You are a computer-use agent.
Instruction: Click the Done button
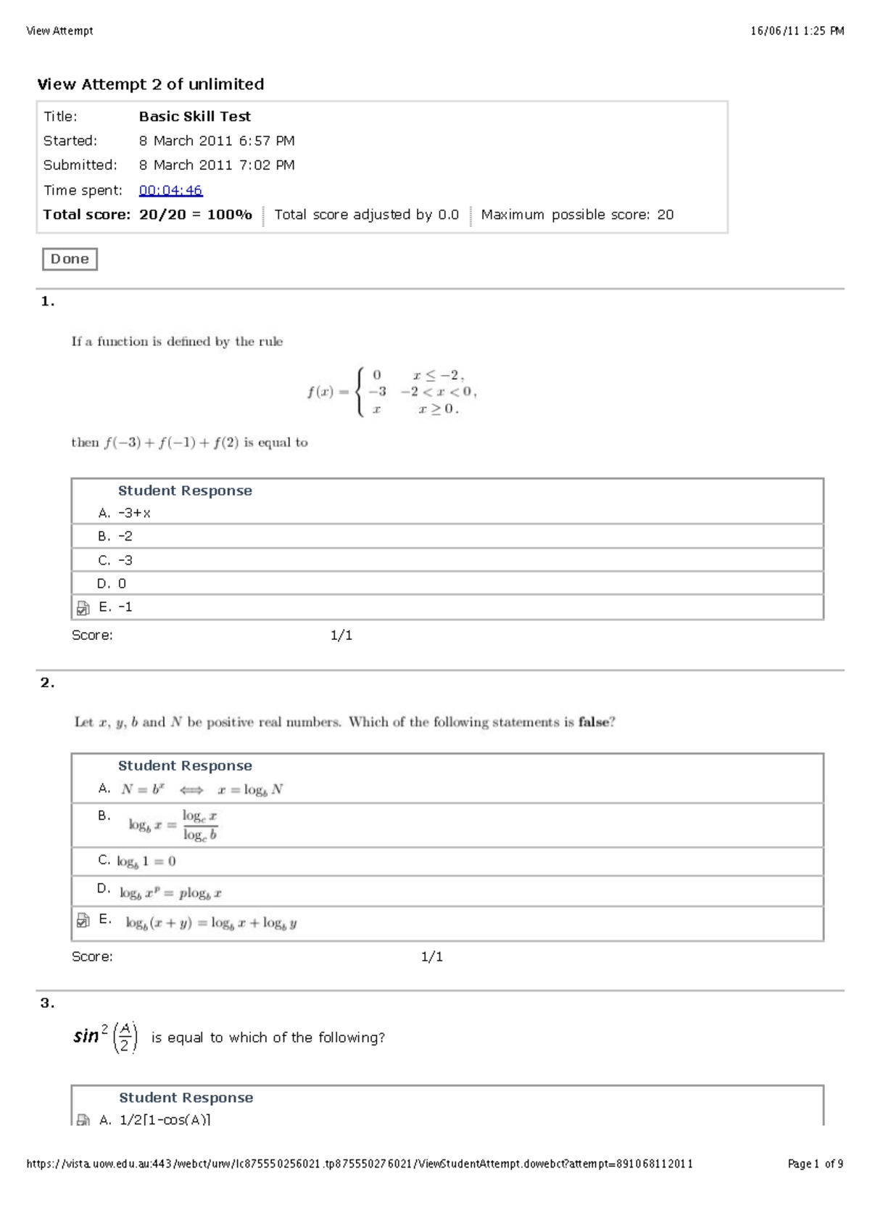(x=70, y=259)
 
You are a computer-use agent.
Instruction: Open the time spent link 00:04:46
(x=170, y=190)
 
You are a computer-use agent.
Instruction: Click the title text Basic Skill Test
(x=194, y=116)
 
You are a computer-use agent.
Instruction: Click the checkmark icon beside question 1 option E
(x=83, y=608)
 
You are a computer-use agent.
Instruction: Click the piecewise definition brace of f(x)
(x=359, y=392)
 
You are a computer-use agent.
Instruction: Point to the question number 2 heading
(x=47, y=683)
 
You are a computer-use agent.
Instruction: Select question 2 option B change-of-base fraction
(x=173, y=825)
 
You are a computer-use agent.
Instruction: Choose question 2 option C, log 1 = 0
(x=146, y=861)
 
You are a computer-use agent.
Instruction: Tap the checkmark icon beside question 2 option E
(x=83, y=921)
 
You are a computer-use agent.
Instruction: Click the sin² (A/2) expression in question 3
(x=106, y=1037)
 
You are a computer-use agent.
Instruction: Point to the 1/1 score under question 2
(x=431, y=957)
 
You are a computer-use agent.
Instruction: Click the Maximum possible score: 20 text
(x=577, y=215)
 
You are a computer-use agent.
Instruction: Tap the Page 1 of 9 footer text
(x=815, y=1164)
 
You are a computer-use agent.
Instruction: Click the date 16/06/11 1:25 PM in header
(x=797, y=30)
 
